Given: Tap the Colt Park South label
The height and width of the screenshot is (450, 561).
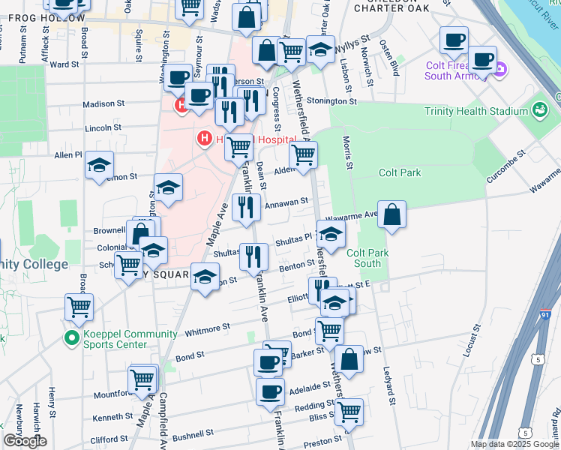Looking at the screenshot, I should [x=367, y=258].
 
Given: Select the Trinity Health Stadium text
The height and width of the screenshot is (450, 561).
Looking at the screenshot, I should [x=476, y=112].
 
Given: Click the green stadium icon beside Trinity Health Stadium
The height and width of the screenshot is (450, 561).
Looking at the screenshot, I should [x=538, y=111].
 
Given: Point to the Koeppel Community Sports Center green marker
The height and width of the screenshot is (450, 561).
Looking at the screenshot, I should [x=72, y=339].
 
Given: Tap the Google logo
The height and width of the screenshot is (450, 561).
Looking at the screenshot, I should [x=25, y=441].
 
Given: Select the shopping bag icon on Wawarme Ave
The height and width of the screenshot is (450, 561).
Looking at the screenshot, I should [x=392, y=215].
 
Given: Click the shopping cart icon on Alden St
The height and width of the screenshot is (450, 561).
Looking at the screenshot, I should [x=303, y=156].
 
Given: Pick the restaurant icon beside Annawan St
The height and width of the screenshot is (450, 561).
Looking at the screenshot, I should [x=246, y=207].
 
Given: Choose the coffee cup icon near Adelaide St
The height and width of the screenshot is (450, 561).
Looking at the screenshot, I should [x=270, y=391].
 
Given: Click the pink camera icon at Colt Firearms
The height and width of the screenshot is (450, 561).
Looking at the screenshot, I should [x=500, y=71].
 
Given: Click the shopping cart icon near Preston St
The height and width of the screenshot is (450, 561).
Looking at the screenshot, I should [x=349, y=411].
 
